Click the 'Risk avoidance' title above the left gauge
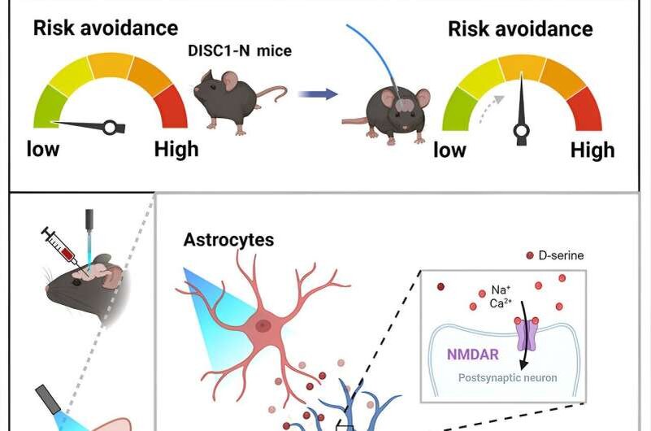(x=105, y=28)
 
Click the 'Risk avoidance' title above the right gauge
(x=520, y=30)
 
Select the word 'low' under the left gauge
(x=44, y=150)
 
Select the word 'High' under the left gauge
(x=176, y=150)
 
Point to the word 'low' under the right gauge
(x=450, y=150)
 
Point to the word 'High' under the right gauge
(x=592, y=150)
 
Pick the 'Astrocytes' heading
(x=228, y=240)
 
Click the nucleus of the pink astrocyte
(x=263, y=325)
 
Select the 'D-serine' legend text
(x=561, y=255)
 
